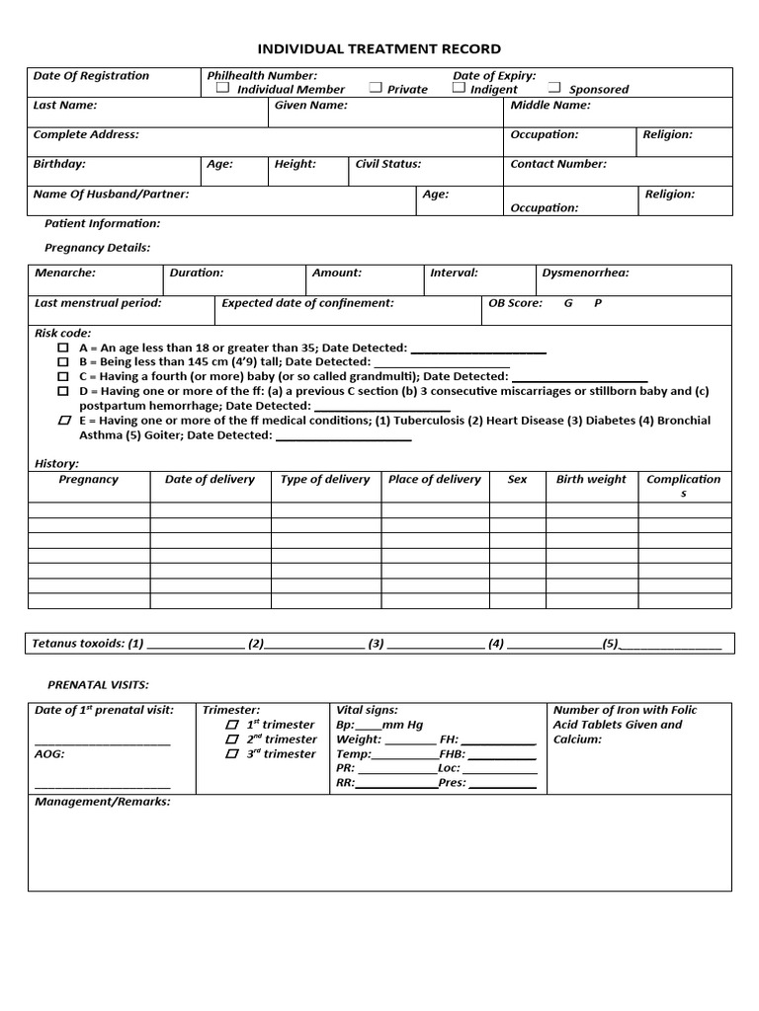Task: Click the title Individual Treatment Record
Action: [379, 48]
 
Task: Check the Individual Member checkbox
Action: [223, 88]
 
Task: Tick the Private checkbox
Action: [376, 88]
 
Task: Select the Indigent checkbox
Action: [459, 88]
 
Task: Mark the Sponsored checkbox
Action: [554, 88]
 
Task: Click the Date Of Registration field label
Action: [91, 76]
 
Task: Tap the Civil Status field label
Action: [388, 164]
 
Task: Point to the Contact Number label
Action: [558, 164]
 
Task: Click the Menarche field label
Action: [65, 272]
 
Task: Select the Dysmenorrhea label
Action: [585, 272]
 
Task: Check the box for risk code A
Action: [63, 348]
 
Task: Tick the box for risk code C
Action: [63, 376]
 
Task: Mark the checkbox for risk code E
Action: [64, 421]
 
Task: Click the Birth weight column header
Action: [591, 479]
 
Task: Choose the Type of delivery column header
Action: [325, 479]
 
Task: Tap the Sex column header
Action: [517, 479]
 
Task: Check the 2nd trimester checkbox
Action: [232, 739]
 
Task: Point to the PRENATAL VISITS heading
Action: [99, 684]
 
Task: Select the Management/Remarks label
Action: [103, 802]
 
